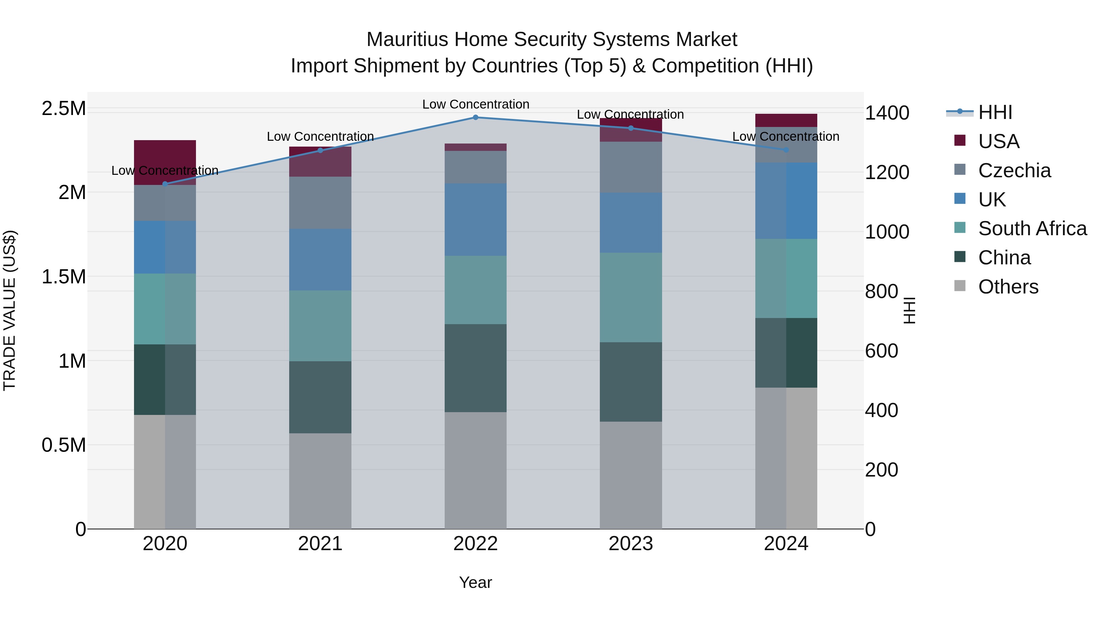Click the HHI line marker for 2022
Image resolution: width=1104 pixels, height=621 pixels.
[475, 117]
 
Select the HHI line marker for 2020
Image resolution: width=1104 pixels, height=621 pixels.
[165, 184]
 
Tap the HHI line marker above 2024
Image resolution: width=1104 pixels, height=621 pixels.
[786, 150]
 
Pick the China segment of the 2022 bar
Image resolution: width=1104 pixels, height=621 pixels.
[475, 368]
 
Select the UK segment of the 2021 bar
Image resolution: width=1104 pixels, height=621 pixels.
[320, 260]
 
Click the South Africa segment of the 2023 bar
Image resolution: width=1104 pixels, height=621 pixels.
[631, 297]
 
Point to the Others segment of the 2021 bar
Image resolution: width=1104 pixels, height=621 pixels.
[320, 481]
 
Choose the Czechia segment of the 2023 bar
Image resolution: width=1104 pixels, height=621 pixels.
[631, 167]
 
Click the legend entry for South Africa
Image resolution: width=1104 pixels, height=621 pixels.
[1032, 228]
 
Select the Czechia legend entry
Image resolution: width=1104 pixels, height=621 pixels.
[1014, 171]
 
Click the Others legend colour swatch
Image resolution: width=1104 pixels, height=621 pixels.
[960, 286]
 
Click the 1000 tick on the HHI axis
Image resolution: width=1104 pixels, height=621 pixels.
[887, 232]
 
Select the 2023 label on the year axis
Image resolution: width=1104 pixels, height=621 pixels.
[631, 544]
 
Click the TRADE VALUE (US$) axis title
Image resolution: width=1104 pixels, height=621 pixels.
[10, 310]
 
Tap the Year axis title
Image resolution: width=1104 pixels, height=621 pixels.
[475, 582]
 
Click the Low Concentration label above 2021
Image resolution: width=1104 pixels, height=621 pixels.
[320, 136]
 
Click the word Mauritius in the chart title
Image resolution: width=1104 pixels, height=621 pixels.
[408, 40]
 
